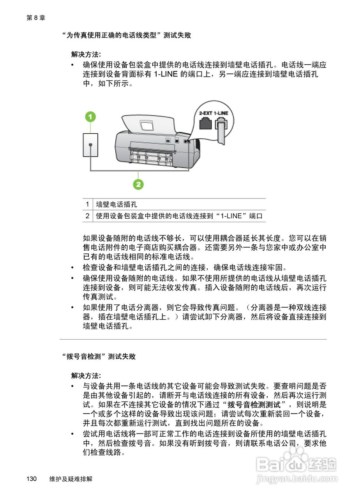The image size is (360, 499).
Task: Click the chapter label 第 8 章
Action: [x=36, y=18]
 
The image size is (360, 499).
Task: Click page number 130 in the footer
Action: [x=32, y=479]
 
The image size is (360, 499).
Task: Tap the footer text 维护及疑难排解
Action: [x=71, y=479]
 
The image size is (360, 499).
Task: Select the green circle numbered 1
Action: [x=90, y=116]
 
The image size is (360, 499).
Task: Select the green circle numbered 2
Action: [x=138, y=184]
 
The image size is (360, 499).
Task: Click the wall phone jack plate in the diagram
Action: [x=90, y=145]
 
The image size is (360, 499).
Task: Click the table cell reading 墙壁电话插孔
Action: [x=117, y=205]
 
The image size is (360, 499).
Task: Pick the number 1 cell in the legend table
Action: [x=88, y=205]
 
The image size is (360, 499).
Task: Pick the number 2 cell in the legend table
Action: [x=88, y=216]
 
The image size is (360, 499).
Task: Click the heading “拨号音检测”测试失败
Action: [x=99, y=356]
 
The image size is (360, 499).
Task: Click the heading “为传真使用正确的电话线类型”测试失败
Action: [x=127, y=35]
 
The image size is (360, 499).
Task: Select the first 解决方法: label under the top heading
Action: [x=86, y=54]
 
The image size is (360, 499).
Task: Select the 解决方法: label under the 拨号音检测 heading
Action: [x=86, y=375]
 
